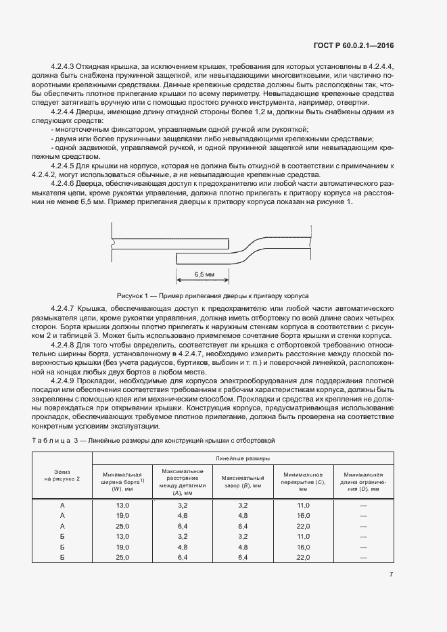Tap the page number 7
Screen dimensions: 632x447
392,575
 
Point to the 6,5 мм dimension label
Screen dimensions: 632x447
204,275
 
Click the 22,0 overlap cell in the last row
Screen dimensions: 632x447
304,557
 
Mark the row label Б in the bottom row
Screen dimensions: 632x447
62,557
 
